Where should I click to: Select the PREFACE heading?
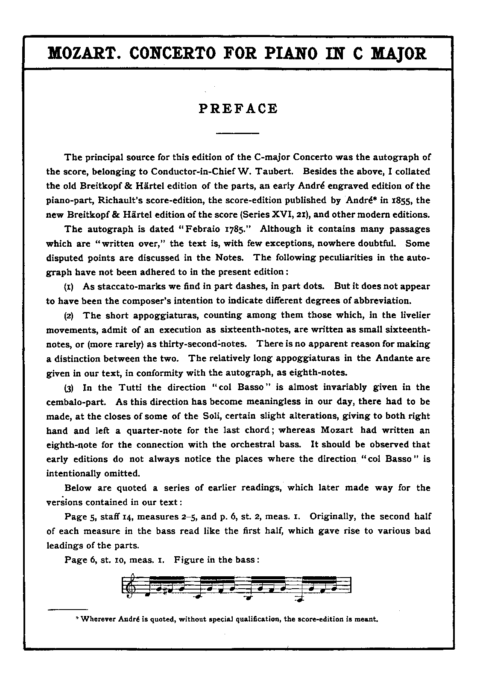click(238, 109)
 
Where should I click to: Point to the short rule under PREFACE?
click(238, 134)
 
